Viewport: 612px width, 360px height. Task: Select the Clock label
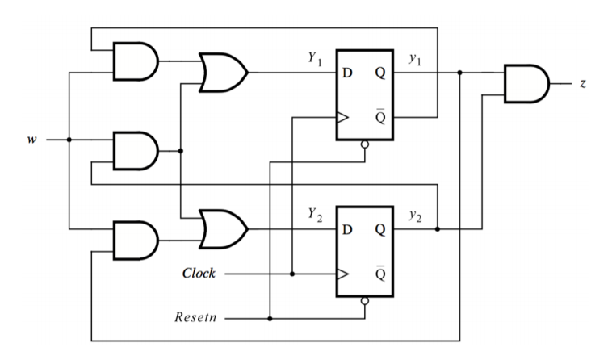click(x=199, y=274)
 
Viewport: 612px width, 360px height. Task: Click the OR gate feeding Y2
click(x=222, y=230)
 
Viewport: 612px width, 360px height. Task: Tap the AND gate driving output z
click(x=526, y=83)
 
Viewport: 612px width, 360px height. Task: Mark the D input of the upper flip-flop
click(x=347, y=73)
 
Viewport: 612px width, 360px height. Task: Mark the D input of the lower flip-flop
click(x=347, y=230)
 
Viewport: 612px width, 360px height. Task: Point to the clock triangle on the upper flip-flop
click(x=343, y=117)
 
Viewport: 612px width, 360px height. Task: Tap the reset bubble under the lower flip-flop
click(x=365, y=300)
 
